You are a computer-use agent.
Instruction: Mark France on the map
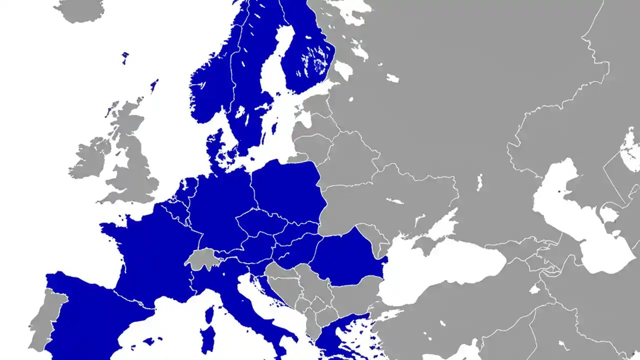pyautogui.click(x=150, y=250)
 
